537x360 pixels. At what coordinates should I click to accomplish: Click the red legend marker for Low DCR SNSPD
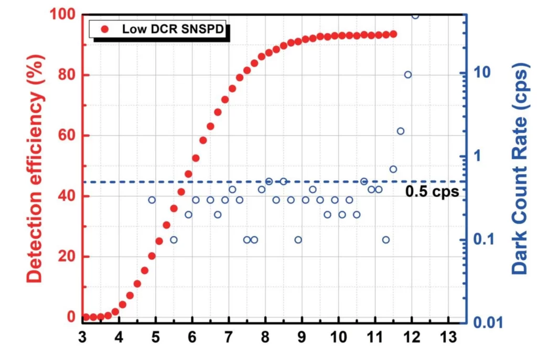tap(104, 29)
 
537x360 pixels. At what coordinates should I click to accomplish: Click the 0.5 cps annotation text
tap(432, 192)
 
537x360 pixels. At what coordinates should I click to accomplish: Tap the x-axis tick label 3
tap(82, 336)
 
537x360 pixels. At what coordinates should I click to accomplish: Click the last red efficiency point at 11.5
tap(393, 34)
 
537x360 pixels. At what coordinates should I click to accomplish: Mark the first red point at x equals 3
tap(86, 317)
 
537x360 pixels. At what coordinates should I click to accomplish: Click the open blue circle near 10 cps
tap(408, 74)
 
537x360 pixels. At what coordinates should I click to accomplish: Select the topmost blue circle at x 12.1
tap(415, 15)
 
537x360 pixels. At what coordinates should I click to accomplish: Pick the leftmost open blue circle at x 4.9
tap(152, 200)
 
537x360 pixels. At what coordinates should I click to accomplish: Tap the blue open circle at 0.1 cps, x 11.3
tap(386, 239)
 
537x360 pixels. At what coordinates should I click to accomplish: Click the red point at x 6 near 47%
tap(188, 174)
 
